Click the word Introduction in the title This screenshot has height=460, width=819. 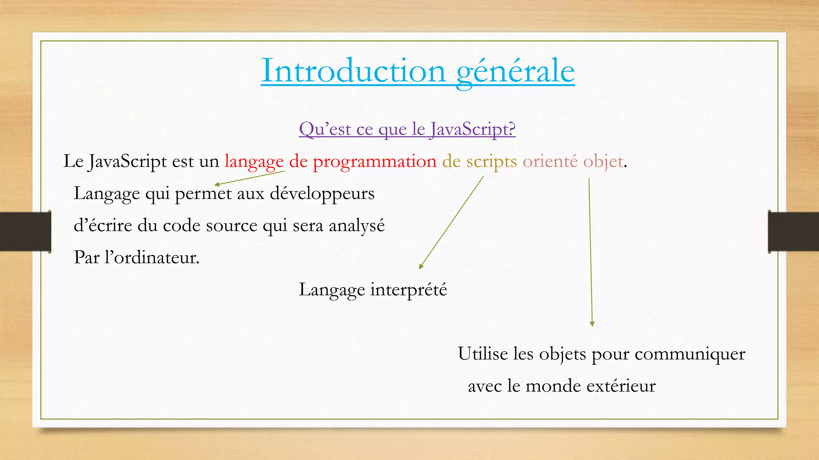(353, 71)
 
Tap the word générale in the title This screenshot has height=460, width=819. (515, 71)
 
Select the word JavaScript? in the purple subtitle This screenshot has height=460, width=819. (472, 129)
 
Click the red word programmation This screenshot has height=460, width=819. (374, 162)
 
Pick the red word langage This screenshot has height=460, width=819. (254, 162)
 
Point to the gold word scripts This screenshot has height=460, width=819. (491, 162)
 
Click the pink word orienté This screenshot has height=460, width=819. (550, 162)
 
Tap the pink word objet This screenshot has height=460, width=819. (603, 162)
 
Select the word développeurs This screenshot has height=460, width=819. (322, 194)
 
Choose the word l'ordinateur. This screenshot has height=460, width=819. (152, 258)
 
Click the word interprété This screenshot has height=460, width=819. (408, 290)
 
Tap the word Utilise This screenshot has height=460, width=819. (482, 354)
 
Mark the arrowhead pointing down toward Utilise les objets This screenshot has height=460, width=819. (592, 324)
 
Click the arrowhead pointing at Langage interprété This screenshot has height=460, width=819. (421, 266)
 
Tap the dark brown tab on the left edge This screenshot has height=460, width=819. (25, 232)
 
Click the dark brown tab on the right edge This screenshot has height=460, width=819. (793, 232)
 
